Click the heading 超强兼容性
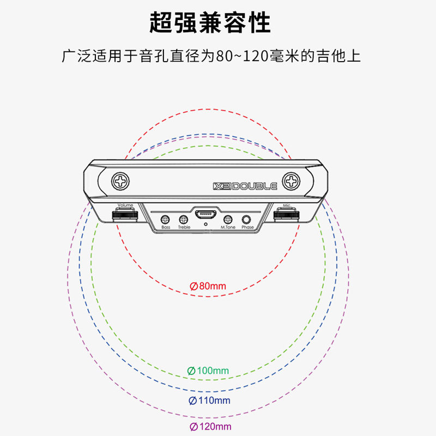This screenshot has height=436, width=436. (x=210, y=23)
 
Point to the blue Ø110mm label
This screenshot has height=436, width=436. (x=209, y=401)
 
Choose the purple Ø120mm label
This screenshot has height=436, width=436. (x=210, y=427)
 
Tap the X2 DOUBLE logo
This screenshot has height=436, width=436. (x=245, y=186)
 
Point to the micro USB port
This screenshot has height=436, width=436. (x=205, y=213)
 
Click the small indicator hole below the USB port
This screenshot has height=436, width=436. (x=205, y=223)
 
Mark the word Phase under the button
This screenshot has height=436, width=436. (x=247, y=227)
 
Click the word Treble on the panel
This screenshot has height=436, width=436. (x=184, y=227)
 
